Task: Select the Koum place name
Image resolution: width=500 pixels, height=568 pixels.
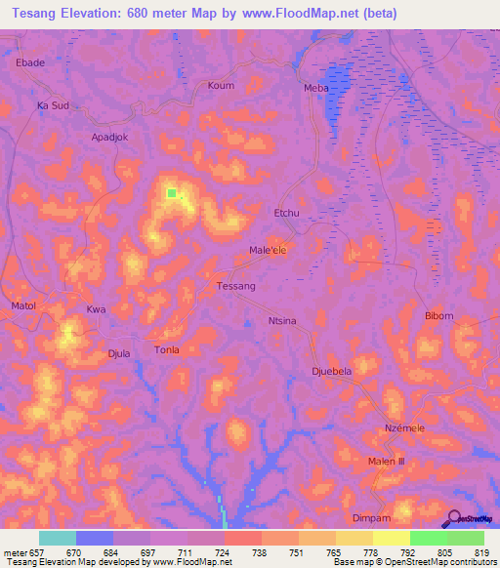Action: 222,86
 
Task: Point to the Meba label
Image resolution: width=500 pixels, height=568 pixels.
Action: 316,88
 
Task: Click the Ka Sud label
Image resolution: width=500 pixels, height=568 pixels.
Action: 53,104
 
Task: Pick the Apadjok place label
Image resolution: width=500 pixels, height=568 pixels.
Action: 109,138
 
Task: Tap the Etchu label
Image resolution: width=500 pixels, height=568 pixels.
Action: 286,212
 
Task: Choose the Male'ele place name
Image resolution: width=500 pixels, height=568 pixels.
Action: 268,250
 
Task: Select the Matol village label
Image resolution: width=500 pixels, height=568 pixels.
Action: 23,306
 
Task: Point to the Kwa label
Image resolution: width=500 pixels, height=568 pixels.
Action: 96,309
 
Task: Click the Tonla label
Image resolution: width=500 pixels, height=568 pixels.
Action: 168,349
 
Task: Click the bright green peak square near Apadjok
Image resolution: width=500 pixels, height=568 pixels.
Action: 172,193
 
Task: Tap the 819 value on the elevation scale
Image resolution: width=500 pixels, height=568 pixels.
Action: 481,552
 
